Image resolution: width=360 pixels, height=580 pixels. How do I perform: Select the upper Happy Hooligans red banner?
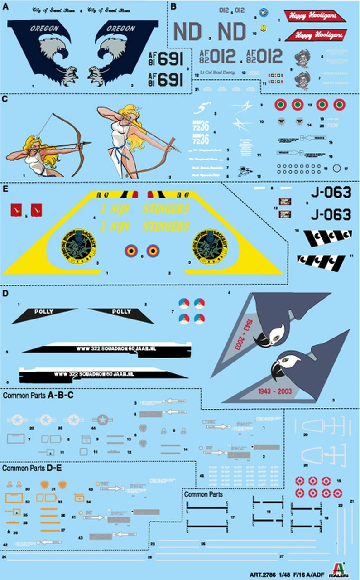point(315,17)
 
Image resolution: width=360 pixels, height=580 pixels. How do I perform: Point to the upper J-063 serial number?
point(331,193)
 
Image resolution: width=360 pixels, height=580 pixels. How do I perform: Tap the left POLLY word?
point(43,312)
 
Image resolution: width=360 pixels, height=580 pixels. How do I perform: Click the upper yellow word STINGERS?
point(165,209)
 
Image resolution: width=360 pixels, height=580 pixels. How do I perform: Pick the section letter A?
point(5,5)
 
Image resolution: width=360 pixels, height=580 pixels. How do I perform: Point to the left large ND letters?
point(188,32)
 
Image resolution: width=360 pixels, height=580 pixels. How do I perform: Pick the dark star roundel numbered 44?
point(102,420)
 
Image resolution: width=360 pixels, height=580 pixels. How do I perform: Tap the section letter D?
point(5,294)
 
